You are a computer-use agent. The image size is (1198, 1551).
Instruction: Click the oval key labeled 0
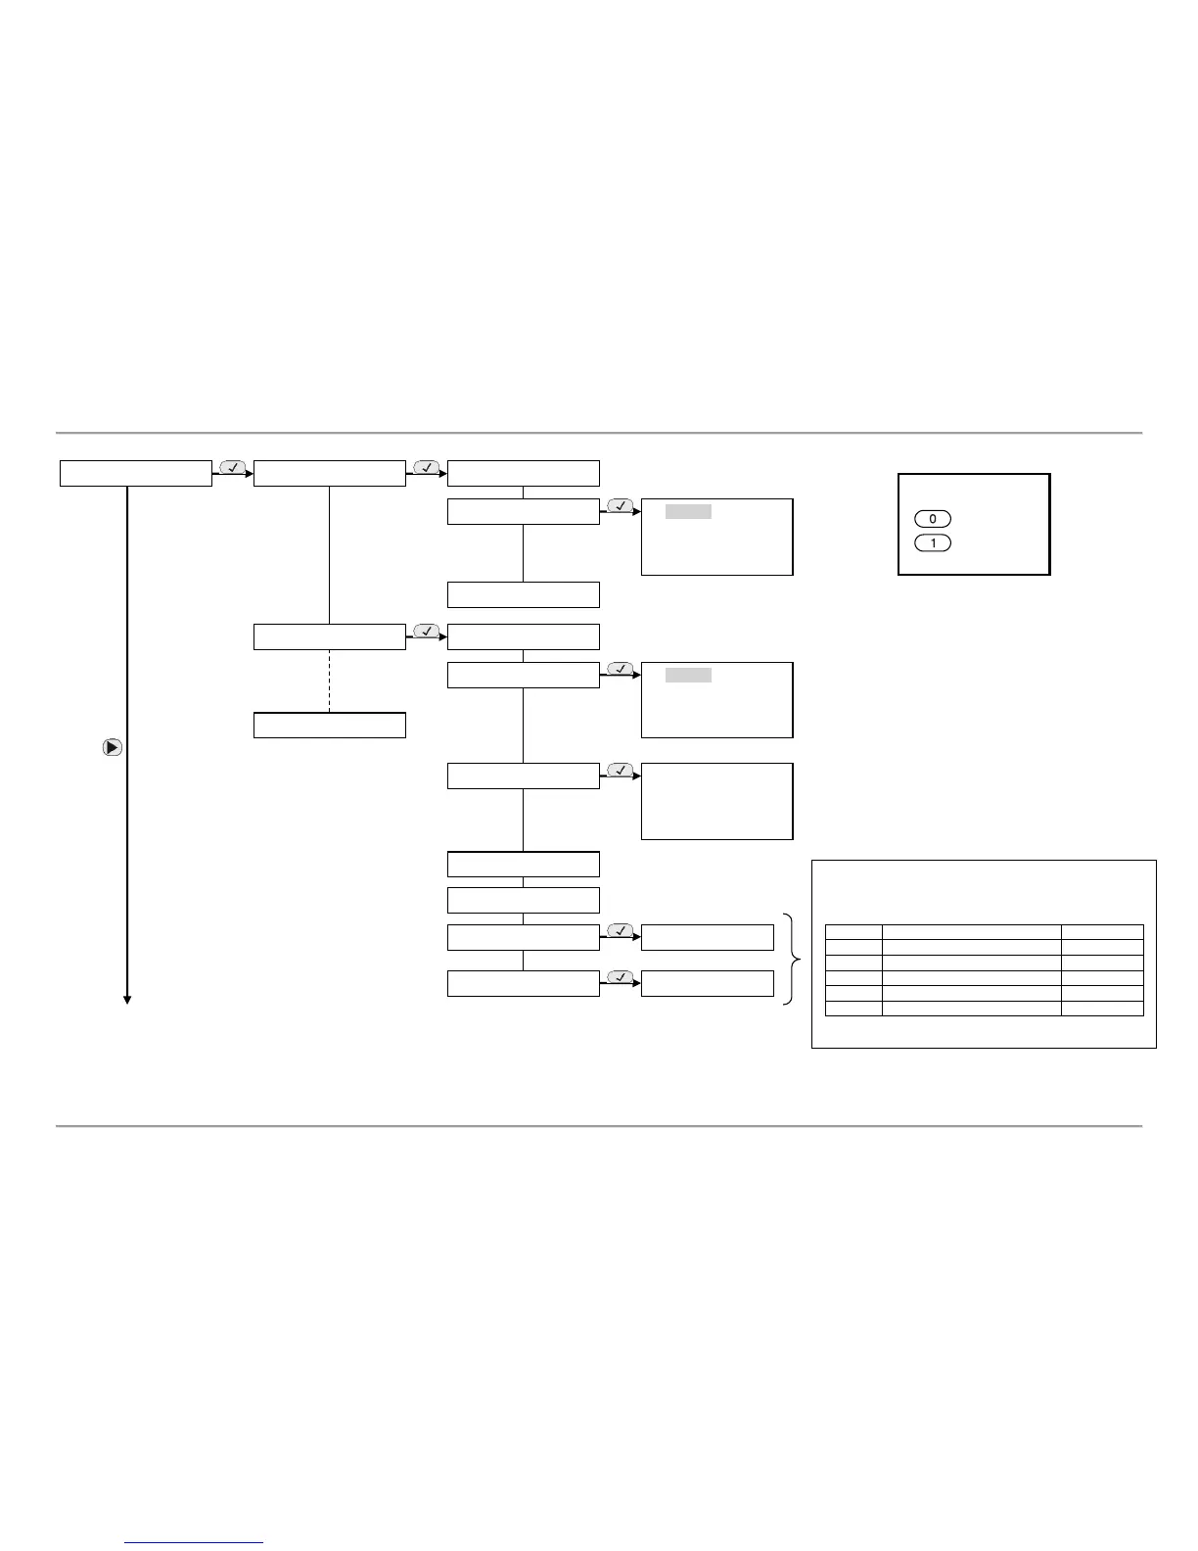click(x=932, y=519)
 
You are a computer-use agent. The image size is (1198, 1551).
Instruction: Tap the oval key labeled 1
click(x=932, y=542)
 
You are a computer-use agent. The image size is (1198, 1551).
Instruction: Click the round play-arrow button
click(x=113, y=747)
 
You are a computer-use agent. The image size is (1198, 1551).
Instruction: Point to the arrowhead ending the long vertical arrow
click(x=127, y=999)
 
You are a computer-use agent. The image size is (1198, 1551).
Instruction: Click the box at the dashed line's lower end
click(x=330, y=726)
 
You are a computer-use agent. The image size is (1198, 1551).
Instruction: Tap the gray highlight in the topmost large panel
click(x=688, y=512)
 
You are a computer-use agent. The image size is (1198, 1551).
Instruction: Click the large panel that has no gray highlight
click(x=716, y=801)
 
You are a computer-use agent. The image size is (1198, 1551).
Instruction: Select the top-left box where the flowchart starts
click(x=136, y=473)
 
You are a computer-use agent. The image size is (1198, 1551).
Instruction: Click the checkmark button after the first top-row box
click(x=233, y=468)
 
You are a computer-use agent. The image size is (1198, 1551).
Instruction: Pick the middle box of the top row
click(x=330, y=473)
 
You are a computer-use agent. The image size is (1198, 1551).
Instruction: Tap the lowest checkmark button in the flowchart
click(x=620, y=977)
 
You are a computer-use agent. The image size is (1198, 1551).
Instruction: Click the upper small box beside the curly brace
click(x=708, y=937)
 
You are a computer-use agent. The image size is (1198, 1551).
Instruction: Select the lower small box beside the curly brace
click(x=708, y=983)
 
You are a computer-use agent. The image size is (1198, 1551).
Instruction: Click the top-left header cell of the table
click(x=853, y=931)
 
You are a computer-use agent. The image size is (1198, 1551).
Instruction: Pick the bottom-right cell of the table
click(x=1102, y=1009)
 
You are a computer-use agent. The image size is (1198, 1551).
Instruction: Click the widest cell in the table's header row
click(x=972, y=931)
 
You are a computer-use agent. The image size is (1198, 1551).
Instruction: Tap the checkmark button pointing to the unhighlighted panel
click(x=620, y=770)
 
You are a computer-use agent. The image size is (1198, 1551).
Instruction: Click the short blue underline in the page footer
click(x=195, y=1543)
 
